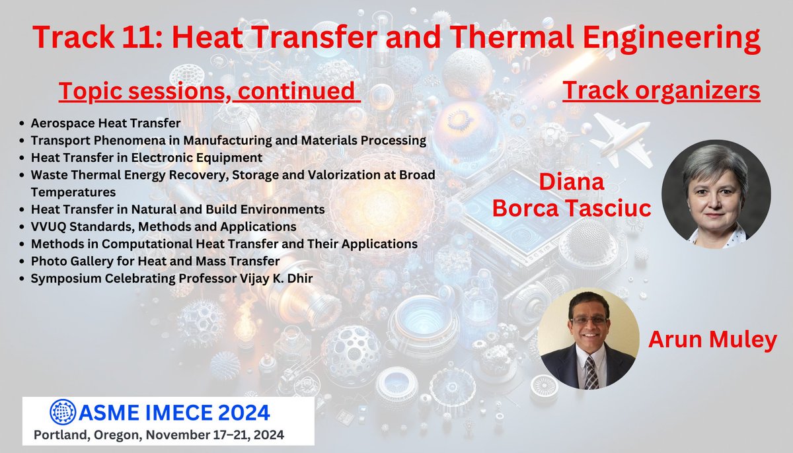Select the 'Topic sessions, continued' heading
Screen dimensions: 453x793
[x=209, y=91]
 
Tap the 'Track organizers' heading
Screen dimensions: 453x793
[x=661, y=91]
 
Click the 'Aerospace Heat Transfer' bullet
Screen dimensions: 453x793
[x=106, y=123]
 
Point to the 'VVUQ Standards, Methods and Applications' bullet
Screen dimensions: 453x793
[x=163, y=226]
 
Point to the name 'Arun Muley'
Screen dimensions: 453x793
[x=712, y=339]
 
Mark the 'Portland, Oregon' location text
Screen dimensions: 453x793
[x=81, y=435]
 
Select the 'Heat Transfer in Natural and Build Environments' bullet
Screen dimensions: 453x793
[x=177, y=209]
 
